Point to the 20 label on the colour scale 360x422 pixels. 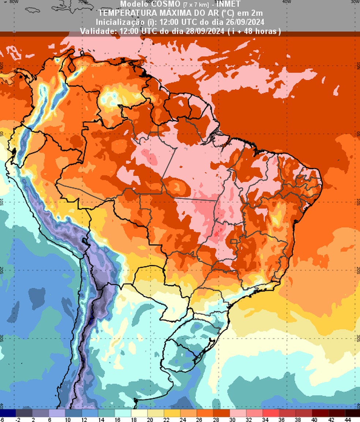[149, 419]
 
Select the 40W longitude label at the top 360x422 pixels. [286, 1]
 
